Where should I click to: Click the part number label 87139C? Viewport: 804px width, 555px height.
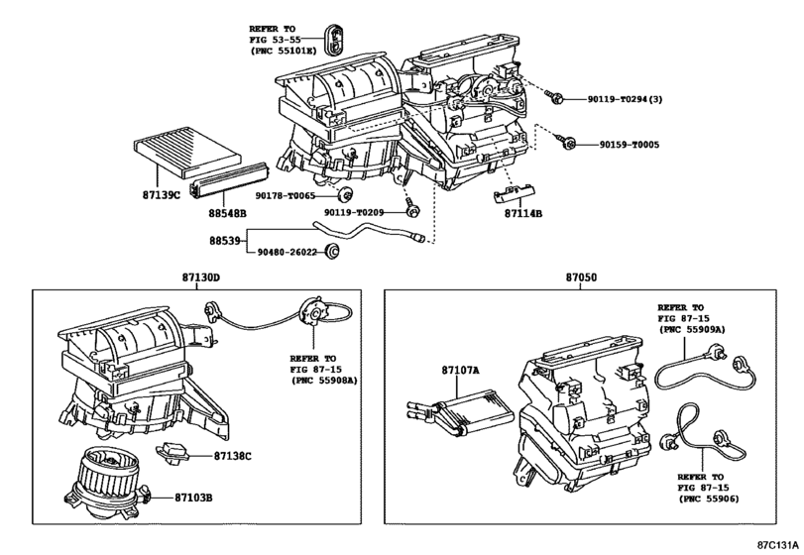157,195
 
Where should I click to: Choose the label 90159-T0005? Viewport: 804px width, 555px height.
629,145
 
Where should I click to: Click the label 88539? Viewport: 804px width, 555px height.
224,240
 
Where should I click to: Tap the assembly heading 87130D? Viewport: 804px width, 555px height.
201,280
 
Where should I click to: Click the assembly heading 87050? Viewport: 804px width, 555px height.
582,280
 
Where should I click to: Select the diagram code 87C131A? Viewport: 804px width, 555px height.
777,545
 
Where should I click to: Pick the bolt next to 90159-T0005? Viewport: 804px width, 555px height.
570,144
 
